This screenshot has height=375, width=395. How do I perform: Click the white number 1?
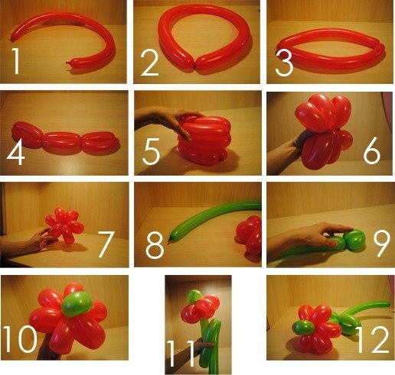click(16, 61)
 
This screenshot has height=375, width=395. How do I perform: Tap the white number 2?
click(150, 63)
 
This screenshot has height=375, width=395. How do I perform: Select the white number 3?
click(284, 63)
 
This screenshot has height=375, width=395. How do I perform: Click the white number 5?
click(151, 152)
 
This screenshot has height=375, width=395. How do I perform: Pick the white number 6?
click(372, 151)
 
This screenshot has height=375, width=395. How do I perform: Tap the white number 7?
click(106, 244)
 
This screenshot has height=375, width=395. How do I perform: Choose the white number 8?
click(155, 245)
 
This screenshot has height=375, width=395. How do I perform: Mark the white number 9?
click(382, 244)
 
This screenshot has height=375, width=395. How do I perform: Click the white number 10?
click(20, 339)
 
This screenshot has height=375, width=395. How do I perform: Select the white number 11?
click(180, 354)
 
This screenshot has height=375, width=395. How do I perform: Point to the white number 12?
click(372, 339)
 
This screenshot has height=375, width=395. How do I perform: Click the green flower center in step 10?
click(77, 304)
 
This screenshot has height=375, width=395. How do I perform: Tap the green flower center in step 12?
click(303, 328)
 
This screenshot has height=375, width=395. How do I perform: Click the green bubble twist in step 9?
click(355, 239)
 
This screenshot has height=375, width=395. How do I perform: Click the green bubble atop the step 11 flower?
click(194, 296)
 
